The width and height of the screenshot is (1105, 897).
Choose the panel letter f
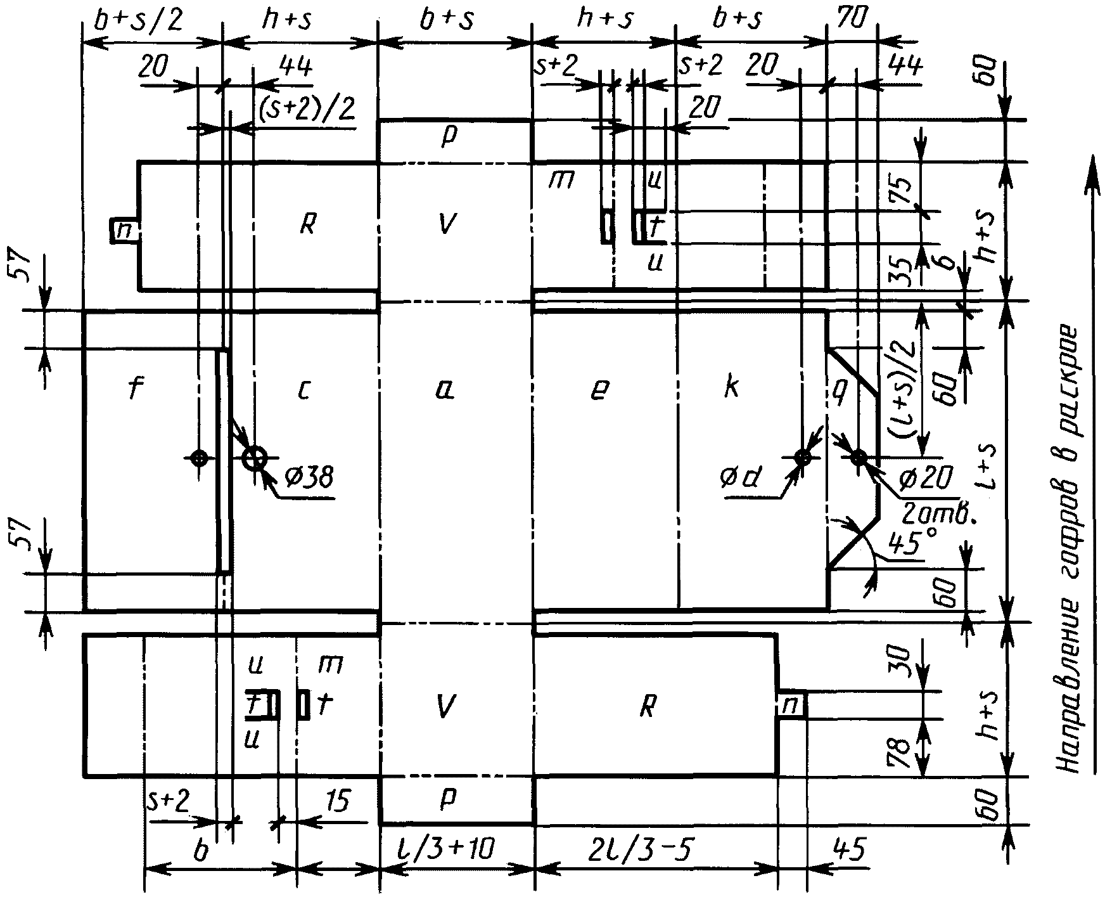pyautogui.click(x=134, y=390)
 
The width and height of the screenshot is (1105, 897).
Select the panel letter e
pyautogui.click(x=598, y=392)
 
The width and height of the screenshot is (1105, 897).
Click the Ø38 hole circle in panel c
pyautogui.click(x=255, y=457)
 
